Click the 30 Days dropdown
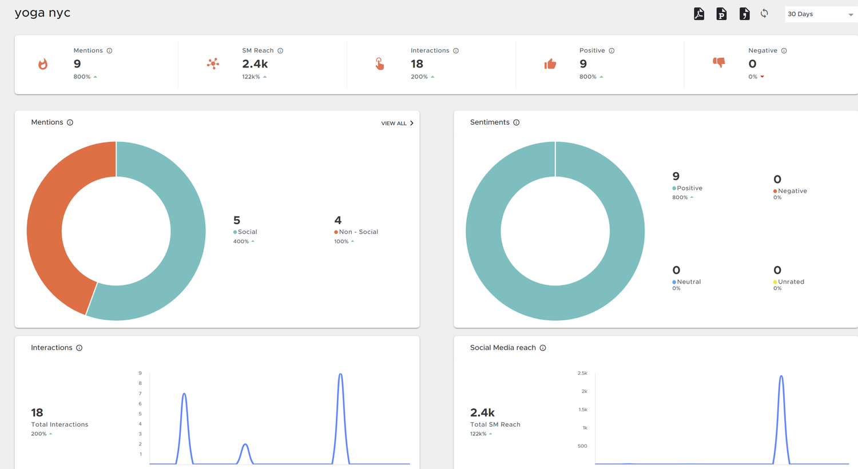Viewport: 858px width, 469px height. [820, 14]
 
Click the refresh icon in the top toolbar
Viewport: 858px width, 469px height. [764, 14]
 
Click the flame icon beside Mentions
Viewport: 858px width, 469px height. [43, 64]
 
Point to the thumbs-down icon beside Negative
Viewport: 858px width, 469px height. [719, 62]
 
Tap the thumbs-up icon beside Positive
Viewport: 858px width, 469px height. [550, 64]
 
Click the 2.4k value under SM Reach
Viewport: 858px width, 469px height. [255, 64]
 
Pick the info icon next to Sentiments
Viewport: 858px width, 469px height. [517, 122]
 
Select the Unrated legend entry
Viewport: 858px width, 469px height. [791, 282]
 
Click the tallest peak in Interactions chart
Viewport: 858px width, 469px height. [340, 375]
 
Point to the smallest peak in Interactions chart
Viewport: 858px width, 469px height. [245, 444]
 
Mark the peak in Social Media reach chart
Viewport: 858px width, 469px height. [781, 376]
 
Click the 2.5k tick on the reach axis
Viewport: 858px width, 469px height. [582, 373]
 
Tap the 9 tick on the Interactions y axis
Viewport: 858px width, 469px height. [140, 373]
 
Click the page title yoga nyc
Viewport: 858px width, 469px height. [43, 13]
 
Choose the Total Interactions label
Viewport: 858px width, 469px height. [59, 424]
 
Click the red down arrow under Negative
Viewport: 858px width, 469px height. [762, 77]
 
